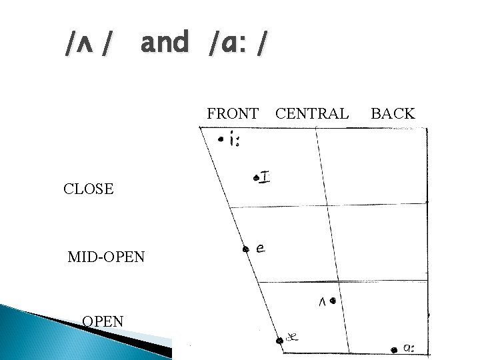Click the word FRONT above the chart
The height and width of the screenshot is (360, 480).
[233, 113]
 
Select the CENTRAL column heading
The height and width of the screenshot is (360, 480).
[312, 113]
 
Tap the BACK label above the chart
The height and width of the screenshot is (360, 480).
[393, 113]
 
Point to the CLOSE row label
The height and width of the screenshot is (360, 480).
[89, 189]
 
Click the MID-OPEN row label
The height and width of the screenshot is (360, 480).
[106, 257]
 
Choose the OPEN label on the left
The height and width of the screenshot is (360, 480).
[103, 322]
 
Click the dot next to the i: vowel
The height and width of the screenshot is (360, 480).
[221, 139]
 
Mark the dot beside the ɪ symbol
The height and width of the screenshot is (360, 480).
[256, 178]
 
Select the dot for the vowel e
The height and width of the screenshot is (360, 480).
[245, 249]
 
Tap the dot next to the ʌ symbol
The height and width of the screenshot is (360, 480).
[333, 301]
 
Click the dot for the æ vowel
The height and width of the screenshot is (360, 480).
[279, 341]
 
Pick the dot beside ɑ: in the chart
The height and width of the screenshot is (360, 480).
[394, 350]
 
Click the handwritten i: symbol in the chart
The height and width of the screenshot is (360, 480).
[235, 139]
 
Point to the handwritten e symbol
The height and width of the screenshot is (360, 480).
[261, 248]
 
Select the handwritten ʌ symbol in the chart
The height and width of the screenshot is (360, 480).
[322, 303]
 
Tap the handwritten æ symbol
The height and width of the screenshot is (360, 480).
[292, 337]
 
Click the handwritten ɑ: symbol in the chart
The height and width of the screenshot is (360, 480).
[409, 348]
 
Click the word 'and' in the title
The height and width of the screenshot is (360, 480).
[165, 41]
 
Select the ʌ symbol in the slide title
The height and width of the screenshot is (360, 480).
[85, 45]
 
